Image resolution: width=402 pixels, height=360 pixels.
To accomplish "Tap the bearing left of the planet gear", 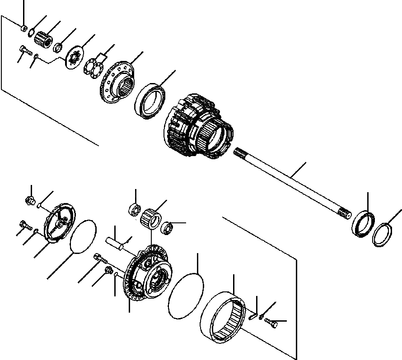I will click(134, 211).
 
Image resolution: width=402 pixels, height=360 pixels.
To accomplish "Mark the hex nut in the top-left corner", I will click(23, 28).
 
